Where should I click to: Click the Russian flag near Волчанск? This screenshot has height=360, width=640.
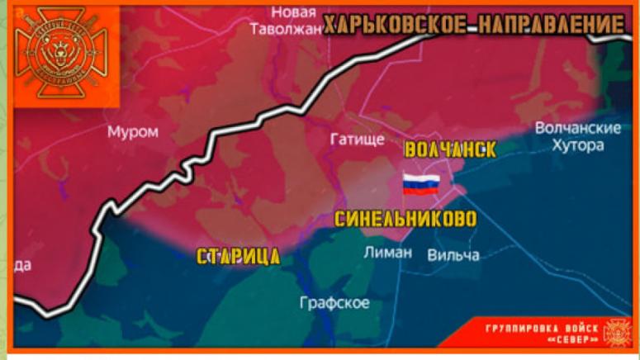pyautogui.click(x=421, y=184)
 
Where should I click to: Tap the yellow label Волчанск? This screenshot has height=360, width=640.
pyautogui.click(x=450, y=150)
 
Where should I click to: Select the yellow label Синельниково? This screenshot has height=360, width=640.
pyautogui.click(x=405, y=220)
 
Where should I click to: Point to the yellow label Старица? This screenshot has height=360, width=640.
pyautogui.click(x=238, y=256)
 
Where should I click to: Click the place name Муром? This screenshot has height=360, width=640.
pyautogui.click(x=133, y=132)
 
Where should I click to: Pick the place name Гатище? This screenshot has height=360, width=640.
pyautogui.click(x=357, y=140)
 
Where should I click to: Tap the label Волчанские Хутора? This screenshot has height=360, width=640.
pyautogui.click(x=577, y=137)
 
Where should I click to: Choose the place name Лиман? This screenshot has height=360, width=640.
pyautogui.click(x=387, y=253)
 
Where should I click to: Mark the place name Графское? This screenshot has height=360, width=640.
pyautogui.click(x=334, y=303)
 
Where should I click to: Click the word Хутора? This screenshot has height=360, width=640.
pyautogui.click(x=577, y=146)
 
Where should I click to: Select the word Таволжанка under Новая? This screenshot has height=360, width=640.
pyautogui.click(x=287, y=29)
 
